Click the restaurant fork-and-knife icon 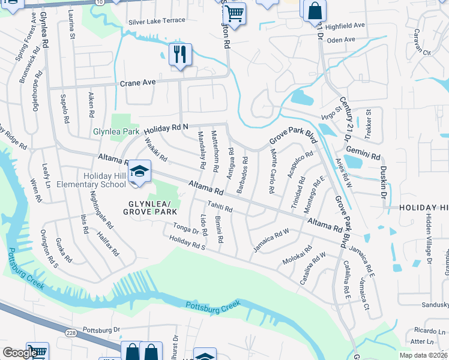pyautogui.click(x=179, y=55)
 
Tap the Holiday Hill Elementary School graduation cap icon pyautogui.click(x=139, y=173)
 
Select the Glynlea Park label pyautogui.click(x=115, y=131)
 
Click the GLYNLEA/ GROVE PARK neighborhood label pyautogui.click(x=150, y=208)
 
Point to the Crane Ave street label pyautogui.click(x=137, y=83)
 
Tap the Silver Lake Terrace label pyautogui.click(x=156, y=20)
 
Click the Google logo pyautogui.click(x=20, y=353)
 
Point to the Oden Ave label pyautogui.click(x=342, y=40)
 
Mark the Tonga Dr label pyautogui.click(x=185, y=228)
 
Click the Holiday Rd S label pyautogui.click(x=187, y=242)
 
